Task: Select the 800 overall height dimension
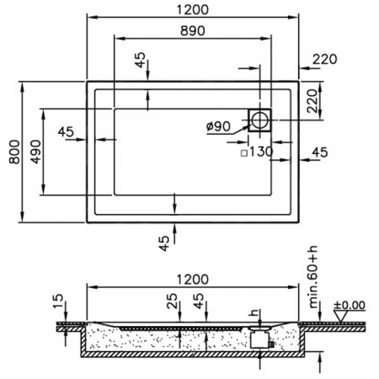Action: (11, 152)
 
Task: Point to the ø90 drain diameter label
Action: (219, 126)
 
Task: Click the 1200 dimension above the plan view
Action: (194, 9)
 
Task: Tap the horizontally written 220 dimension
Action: (325, 58)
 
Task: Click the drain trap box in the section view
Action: (260, 339)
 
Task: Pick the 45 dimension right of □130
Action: (320, 152)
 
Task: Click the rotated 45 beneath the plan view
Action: (163, 243)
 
